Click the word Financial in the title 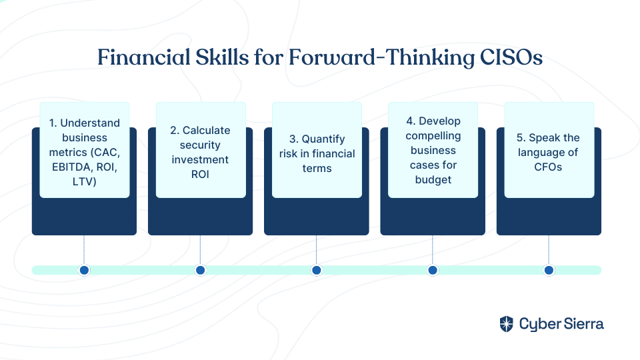(x=144, y=57)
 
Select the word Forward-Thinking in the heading (x=381, y=58)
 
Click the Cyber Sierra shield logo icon (x=507, y=324)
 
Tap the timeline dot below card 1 (x=85, y=270)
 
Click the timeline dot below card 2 (x=201, y=270)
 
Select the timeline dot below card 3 (x=316, y=270)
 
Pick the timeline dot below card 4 (x=433, y=270)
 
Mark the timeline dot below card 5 (x=549, y=270)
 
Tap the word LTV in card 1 (x=81, y=181)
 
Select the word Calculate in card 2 (x=206, y=130)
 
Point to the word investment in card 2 (x=200, y=159)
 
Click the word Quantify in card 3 (x=323, y=139)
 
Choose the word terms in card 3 (x=317, y=168)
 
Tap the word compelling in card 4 (x=433, y=136)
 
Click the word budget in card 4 (x=433, y=180)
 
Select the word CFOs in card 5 (x=548, y=167)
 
